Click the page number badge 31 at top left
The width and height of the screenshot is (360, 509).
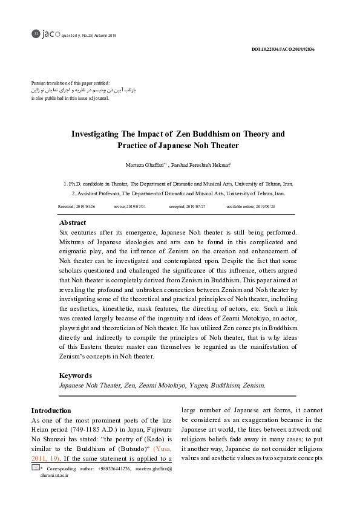tap(35, 34)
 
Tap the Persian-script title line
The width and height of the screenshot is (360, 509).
tap(83, 89)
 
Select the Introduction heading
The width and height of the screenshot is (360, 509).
tap(51, 410)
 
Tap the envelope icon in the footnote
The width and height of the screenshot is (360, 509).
tap(36, 468)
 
